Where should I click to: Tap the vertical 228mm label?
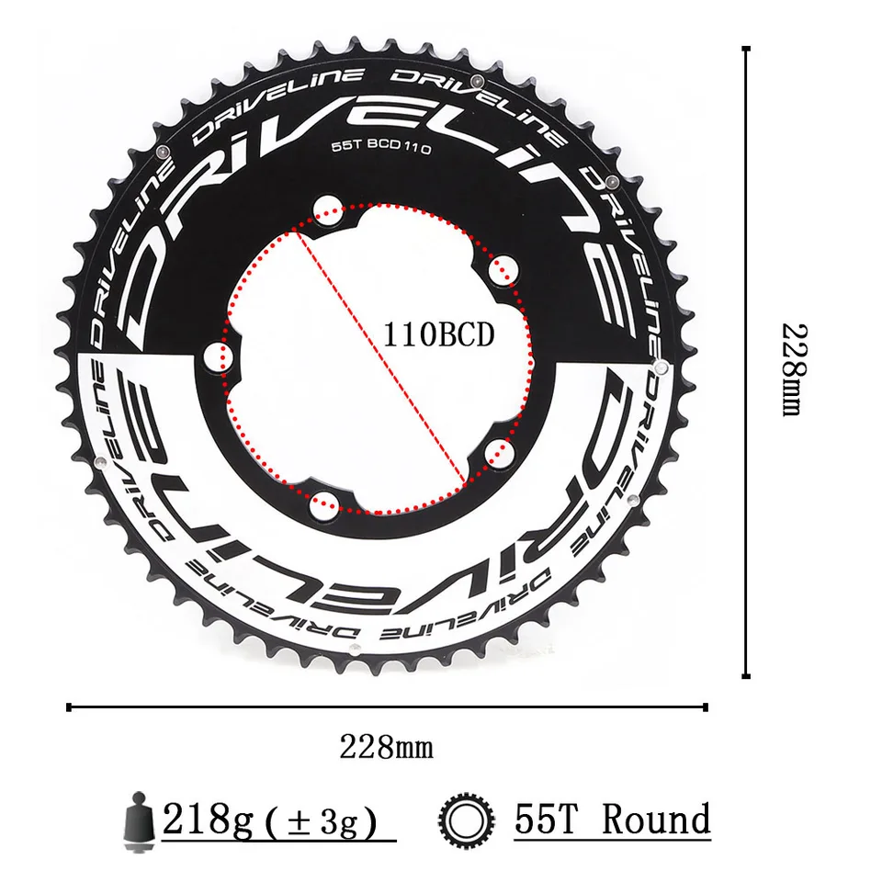(792, 368)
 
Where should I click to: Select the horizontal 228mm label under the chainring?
(386, 746)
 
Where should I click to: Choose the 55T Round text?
(612, 819)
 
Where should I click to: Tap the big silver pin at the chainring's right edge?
(658, 367)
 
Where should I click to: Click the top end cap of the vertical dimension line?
(745, 50)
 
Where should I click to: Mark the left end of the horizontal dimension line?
(70, 707)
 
